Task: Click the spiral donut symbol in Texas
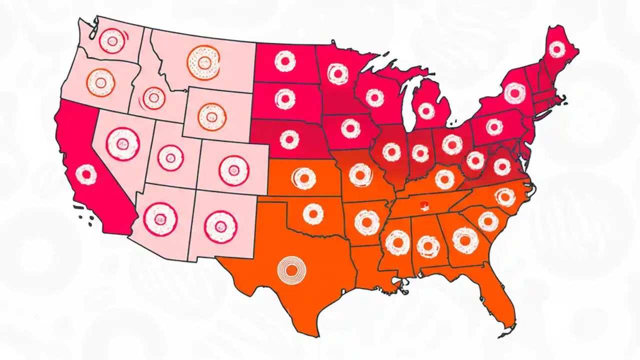click(x=291, y=270)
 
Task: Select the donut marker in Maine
click(x=556, y=49)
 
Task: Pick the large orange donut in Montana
click(x=203, y=62)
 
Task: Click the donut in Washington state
click(x=112, y=41)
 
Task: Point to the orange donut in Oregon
click(x=100, y=82)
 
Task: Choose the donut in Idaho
click(x=153, y=98)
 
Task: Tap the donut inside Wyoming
click(x=212, y=116)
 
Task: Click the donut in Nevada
click(x=122, y=144)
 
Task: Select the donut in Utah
click(x=170, y=158)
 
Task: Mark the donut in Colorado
click(x=233, y=169)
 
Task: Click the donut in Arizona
click(x=160, y=218)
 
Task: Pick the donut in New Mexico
click(x=219, y=227)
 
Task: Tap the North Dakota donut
click(x=285, y=61)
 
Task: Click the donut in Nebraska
click(x=289, y=139)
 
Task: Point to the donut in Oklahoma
click(x=313, y=214)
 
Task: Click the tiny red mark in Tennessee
click(x=424, y=203)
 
